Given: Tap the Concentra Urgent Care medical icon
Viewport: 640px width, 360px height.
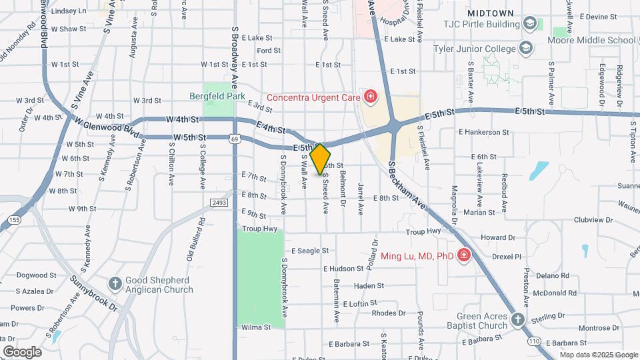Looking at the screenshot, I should [369, 97].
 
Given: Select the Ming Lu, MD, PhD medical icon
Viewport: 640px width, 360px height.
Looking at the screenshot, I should [464, 256].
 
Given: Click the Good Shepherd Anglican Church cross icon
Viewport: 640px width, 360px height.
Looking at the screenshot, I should [115, 284].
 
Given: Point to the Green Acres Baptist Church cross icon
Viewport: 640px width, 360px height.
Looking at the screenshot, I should [518, 321].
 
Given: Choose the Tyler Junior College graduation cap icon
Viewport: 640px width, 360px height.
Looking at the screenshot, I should [526, 49].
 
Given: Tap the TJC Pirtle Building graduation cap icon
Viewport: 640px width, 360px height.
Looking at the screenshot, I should [530, 24].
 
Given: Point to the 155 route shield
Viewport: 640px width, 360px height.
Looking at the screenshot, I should [13, 219].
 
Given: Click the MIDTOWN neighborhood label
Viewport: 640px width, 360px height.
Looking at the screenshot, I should [490, 13].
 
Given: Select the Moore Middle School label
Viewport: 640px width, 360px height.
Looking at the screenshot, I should [591, 40].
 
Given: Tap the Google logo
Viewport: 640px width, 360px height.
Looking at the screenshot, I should [22, 351].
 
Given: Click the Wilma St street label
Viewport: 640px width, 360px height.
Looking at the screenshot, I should [256, 327].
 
